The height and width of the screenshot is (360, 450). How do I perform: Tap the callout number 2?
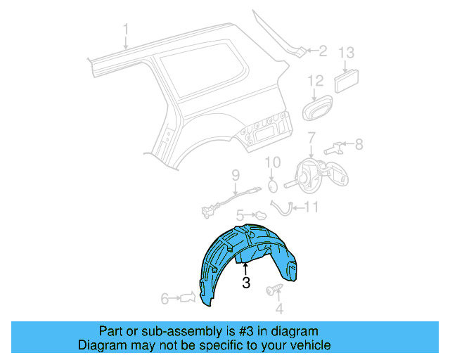pos(323,51)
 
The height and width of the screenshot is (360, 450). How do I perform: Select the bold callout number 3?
pos(246,283)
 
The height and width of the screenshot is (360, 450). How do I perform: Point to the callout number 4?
pos(279,308)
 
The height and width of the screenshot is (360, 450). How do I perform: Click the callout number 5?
pos(240,214)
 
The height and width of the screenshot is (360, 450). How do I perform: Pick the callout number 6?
pos(165,299)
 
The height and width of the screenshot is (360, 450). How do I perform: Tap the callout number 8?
pos(359,145)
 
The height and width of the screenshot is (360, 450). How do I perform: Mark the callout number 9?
pos(236,175)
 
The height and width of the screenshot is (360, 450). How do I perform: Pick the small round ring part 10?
pos(271,186)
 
